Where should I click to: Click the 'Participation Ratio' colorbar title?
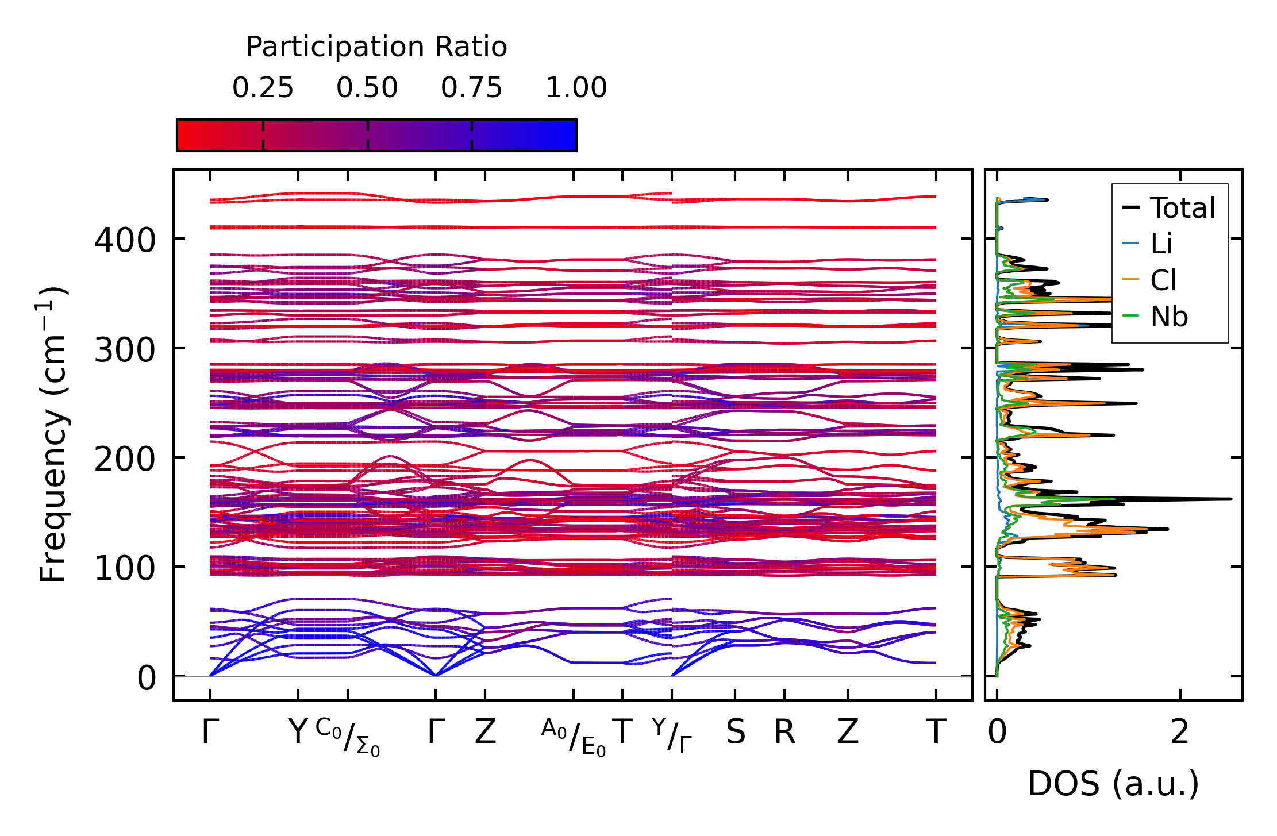pyautogui.click(x=376, y=47)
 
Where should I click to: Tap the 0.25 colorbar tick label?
pyautogui.click(x=263, y=88)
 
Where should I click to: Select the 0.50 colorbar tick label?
pyautogui.click(x=367, y=88)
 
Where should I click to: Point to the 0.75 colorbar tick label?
pyautogui.click(x=472, y=88)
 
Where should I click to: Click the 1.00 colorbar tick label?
pyautogui.click(x=576, y=88)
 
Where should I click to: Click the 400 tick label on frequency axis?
pyautogui.click(x=125, y=240)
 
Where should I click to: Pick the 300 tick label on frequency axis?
pyautogui.click(x=125, y=349)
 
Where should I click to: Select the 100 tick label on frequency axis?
pyautogui.click(x=125, y=568)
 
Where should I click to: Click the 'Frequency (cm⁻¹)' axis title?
pyautogui.click(x=53, y=434)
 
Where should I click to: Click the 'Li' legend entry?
pyautogui.click(x=1161, y=244)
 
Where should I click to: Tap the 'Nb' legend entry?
pyautogui.click(x=1169, y=317)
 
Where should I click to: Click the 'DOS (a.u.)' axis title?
pyautogui.click(x=1113, y=784)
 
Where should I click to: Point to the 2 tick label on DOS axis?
pyautogui.click(x=1180, y=732)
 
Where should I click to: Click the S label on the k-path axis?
pyautogui.click(x=736, y=732)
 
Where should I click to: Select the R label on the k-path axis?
pyautogui.click(x=784, y=732)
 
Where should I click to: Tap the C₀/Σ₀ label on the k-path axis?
pyautogui.click(x=348, y=737)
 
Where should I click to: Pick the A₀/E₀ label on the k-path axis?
pyautogui.click(x=574, y=737)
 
